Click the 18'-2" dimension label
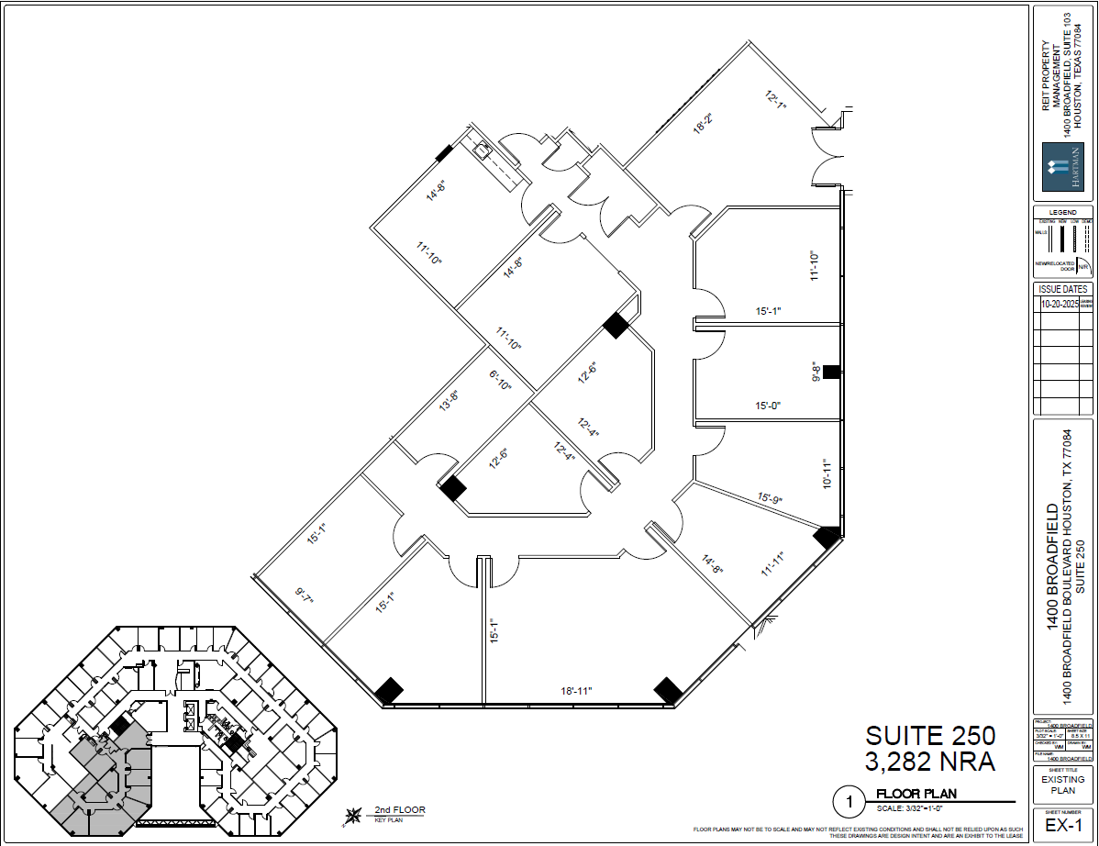tap(703, 123)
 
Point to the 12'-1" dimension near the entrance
tap(776, 98)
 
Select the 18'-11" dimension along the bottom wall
tap(576, 690)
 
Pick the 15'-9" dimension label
tap(769, 499)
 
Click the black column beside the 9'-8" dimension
tap(831, 372)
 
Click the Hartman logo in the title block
tap(1062, 171)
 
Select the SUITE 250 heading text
tap(930, 736)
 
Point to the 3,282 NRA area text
tap(930, 761)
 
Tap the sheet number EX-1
tap(1062, 825)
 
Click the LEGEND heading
tap(1062, 212)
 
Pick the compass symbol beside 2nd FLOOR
tap(351, 815)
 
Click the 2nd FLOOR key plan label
tap(399, 810)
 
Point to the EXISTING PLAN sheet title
tap(1062, 784)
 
